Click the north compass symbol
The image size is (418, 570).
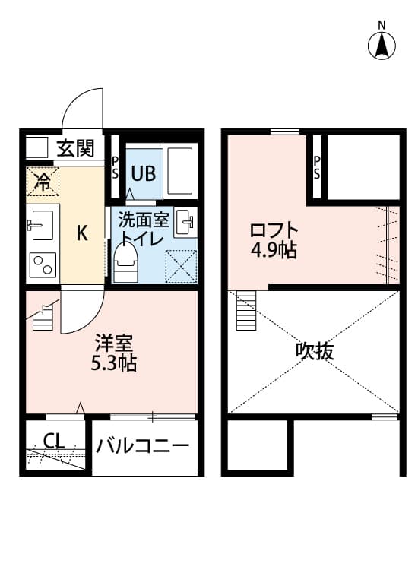382,44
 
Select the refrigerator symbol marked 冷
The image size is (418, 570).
43,181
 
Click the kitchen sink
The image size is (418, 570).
40,225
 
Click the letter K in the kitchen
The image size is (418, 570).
81,233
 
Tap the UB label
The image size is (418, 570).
143,173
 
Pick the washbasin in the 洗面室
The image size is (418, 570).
185,222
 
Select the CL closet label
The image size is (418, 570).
53,441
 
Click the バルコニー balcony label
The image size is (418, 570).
142,445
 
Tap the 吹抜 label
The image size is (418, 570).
315,351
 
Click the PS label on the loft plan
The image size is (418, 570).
317,167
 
